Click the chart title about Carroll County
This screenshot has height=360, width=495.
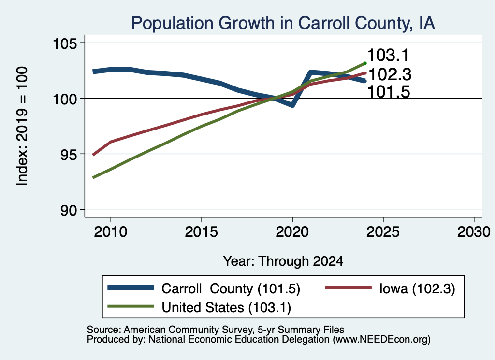tap(283, 23)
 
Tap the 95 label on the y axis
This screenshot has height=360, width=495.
tap(69, 154)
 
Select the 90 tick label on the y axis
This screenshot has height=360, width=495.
tap(69, 210)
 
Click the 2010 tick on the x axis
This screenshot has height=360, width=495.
tap(111, 232)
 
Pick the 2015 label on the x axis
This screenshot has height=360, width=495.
tap(202, 232)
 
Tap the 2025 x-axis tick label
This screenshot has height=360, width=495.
tap(383, 232)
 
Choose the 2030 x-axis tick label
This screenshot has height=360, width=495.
tap(474, 232)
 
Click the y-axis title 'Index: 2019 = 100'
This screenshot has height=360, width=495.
tap(22, 126)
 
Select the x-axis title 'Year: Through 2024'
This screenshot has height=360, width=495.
tap(283, 261)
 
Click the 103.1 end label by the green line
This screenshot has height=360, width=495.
tap(388, 55)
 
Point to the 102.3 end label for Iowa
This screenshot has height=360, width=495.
tap(390, 75)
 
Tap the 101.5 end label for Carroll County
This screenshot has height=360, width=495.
tap(389, 92)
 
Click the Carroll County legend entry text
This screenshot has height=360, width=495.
tap(231, 288)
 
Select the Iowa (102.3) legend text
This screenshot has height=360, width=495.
tap(417, 288)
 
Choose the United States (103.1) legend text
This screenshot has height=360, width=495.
tap(226, 308)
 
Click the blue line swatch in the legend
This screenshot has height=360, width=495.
tap(131, 288)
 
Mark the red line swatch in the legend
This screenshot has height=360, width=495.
tap(348, 288)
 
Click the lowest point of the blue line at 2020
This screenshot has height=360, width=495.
tap(292, 105)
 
